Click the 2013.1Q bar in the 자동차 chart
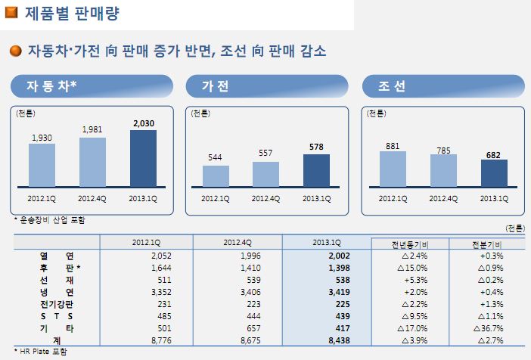[143, 158]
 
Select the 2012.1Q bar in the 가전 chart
[216, 176]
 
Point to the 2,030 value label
[143, 123]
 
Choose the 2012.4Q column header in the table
[237, 242]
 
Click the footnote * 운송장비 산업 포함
[50, 220]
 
